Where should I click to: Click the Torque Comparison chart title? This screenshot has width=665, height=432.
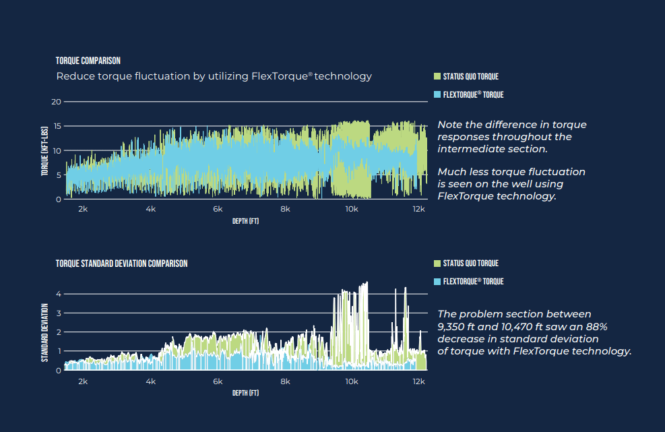click(88, 61)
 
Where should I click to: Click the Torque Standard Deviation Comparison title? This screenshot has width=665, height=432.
click(122, 264)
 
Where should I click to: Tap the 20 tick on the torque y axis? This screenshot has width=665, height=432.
click(57, 102)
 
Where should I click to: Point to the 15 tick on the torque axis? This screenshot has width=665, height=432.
click(57, 126)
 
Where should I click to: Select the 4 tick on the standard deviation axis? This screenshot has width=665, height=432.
click(59, 294)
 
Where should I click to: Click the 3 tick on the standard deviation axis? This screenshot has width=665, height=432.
click(59, 313)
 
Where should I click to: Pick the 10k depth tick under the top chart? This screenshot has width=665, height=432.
click(352, 209)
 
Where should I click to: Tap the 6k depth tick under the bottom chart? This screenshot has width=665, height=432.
click(218, 381)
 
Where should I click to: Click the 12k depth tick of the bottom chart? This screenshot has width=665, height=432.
click(418, 381)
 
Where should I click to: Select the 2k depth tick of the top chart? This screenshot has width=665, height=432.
click(83, 209)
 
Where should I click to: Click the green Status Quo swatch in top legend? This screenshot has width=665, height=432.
click(437, 76)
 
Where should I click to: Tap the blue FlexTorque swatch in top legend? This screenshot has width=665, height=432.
click(437, 94)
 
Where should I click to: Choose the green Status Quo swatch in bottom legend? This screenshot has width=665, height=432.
click(437, 264)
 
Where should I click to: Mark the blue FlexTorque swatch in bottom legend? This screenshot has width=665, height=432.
click(437, 281)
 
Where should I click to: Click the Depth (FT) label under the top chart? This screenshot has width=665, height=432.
click(245, 221)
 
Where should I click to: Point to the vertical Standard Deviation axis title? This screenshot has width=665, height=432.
click(44, 333)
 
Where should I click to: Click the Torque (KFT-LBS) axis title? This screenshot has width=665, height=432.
click(44, 151)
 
